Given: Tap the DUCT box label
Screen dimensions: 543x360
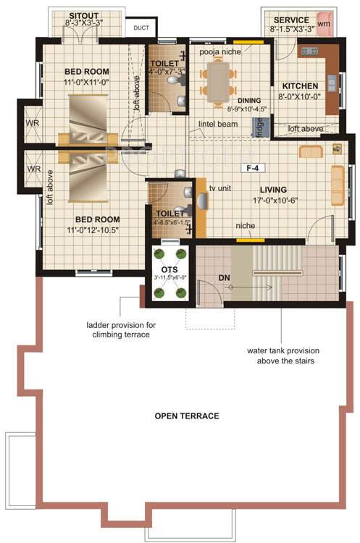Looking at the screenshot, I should tap(139, 28).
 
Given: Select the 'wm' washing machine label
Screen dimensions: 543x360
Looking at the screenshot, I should tap(323, 24).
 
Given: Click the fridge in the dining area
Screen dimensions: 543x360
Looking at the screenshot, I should tap(259, 126).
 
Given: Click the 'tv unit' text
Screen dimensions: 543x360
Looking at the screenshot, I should tap(221, 188).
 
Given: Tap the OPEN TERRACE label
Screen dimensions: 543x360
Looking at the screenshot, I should tap(187, 416).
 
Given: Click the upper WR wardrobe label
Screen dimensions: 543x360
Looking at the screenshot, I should tap(33, 122).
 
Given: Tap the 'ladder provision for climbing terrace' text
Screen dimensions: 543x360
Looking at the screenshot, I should tap(121, 330).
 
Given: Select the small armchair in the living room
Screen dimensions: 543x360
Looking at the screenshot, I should tap(310, 151).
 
